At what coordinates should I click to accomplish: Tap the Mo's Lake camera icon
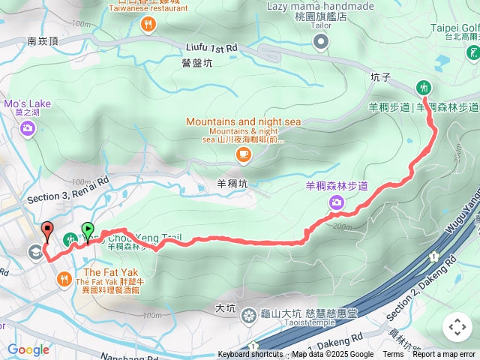(x=28, y=129)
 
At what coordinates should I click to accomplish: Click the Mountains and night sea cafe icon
(x=242, y=154)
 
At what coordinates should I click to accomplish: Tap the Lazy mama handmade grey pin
(x=321, y=44)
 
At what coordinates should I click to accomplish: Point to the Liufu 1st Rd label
(x=210, y=47)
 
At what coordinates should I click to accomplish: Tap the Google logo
(x=28, y=349)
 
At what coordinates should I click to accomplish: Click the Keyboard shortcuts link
(x=251, y=355)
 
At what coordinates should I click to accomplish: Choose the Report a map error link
(x=445, y=355)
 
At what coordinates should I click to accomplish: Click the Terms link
(x=393, y=355)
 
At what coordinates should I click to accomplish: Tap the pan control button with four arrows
(x=457, y=327)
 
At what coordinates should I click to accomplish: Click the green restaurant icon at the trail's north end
(x=424, y=87)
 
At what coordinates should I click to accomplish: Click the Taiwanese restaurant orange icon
(x=148, y=25)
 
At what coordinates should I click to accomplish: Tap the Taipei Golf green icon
(x=472, y=52)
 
